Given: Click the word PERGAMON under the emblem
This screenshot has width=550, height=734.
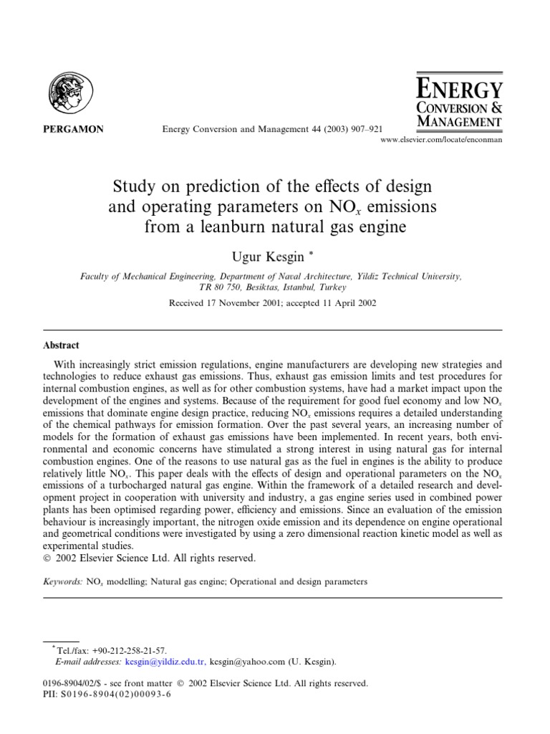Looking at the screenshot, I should coord(75,130).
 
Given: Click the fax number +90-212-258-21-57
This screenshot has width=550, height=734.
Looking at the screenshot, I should coord(130,649).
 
